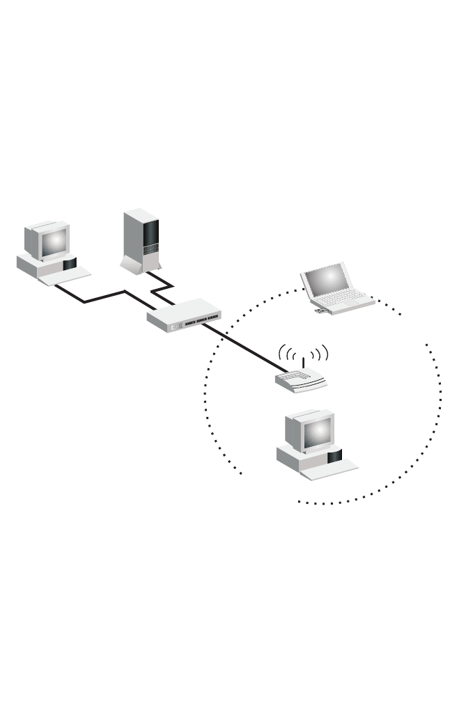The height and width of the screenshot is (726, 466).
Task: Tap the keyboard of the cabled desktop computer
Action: (x=65, y=276)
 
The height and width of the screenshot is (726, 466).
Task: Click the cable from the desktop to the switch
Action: (x=104, y=297)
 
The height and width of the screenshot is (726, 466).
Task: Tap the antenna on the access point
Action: (x=303, y=363)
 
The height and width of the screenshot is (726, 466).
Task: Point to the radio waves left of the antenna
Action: (x=287, y=354)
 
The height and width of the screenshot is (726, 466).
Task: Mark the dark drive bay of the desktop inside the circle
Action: (x=334, y=457)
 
